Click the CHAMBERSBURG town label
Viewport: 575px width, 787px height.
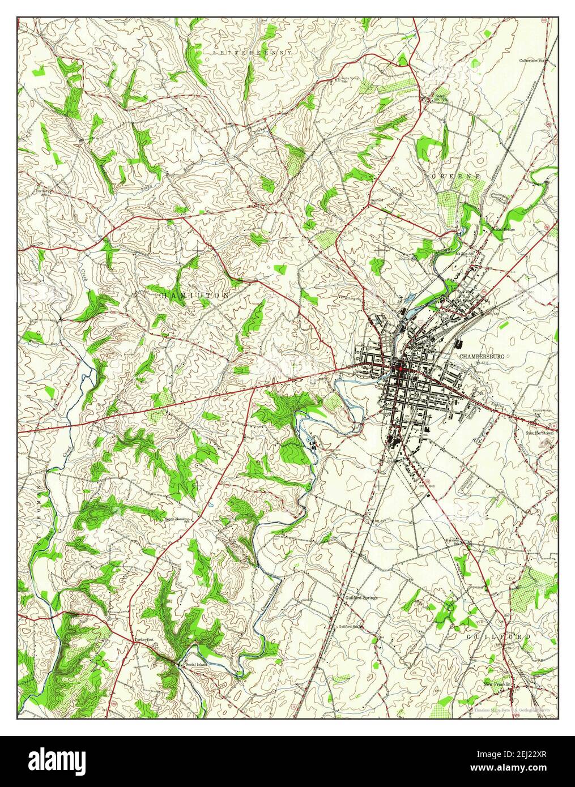pyautogui.click(x=482, y=357)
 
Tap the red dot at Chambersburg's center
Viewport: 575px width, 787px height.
pyautogui.click(x=400, y=369)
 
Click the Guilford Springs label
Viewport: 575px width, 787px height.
pyautogui.click(x=361, y=597)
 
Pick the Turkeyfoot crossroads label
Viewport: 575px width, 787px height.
pyautogui.click(x=144, y=639)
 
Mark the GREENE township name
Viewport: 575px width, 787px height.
pyautogui.click(x=456, y=177)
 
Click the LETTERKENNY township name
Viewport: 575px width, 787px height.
pyautogui.click(x=253, y=52)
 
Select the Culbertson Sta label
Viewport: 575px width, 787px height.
pyautogui.click(x=535, y=59)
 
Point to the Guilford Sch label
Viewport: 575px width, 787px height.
pyautogui.click(x=350, y=627)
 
